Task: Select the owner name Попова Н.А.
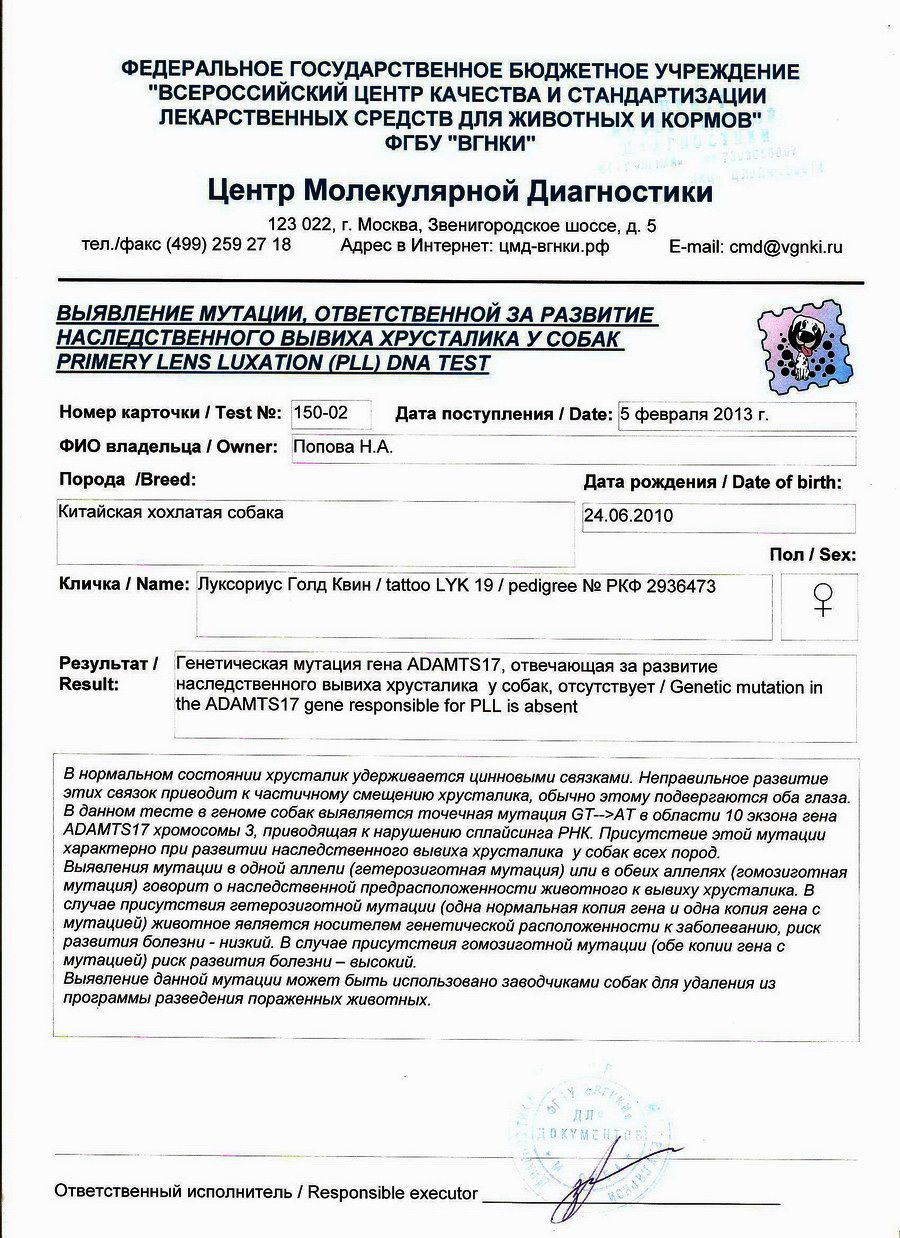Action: coord(342,448)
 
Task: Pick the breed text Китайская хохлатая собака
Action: coord(171,513)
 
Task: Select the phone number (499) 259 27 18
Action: coord(229,245)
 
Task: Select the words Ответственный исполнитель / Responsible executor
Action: coord(266,1193)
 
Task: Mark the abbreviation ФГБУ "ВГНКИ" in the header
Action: coord(460,143)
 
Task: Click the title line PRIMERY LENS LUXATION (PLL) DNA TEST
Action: coord(273,363)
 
